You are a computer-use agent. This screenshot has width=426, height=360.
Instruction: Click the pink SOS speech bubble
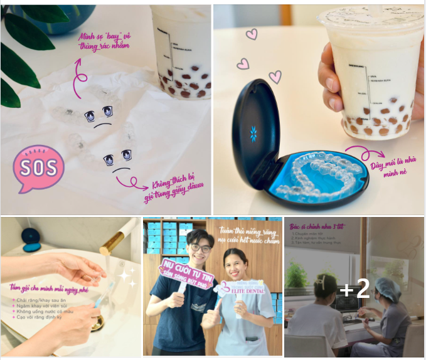[x=38, y=167]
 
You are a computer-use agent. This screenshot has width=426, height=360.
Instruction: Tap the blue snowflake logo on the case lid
[x=253, y=133]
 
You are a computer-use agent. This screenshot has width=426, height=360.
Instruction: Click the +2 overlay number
[x=354, y=289]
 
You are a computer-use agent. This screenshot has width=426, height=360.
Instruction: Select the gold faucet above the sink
[x=119, y=235]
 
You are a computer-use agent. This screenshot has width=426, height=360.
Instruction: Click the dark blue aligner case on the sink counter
[x=31, y=238]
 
